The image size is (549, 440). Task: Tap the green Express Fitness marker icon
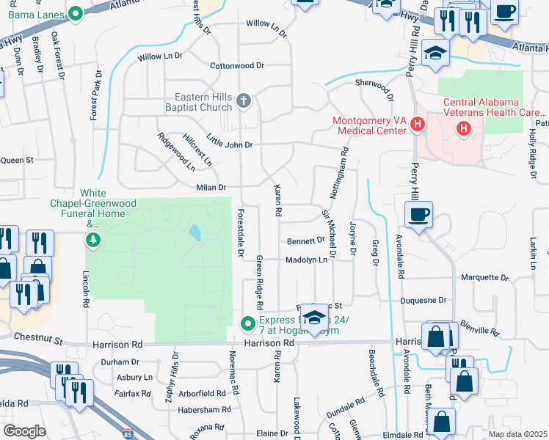(249, 322)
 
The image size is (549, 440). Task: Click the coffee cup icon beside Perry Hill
(418, 215)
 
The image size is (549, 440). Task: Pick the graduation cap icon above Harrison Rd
(314, 318)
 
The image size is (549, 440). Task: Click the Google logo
(24, 431)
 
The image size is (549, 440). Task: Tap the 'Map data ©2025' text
(517, 434)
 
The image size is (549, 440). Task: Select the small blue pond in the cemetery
(194, 233)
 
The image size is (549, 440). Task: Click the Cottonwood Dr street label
(237, 65)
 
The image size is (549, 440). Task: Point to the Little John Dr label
(229, 144)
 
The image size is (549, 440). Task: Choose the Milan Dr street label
(211, 188)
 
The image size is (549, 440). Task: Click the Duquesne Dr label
(423, 300)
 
